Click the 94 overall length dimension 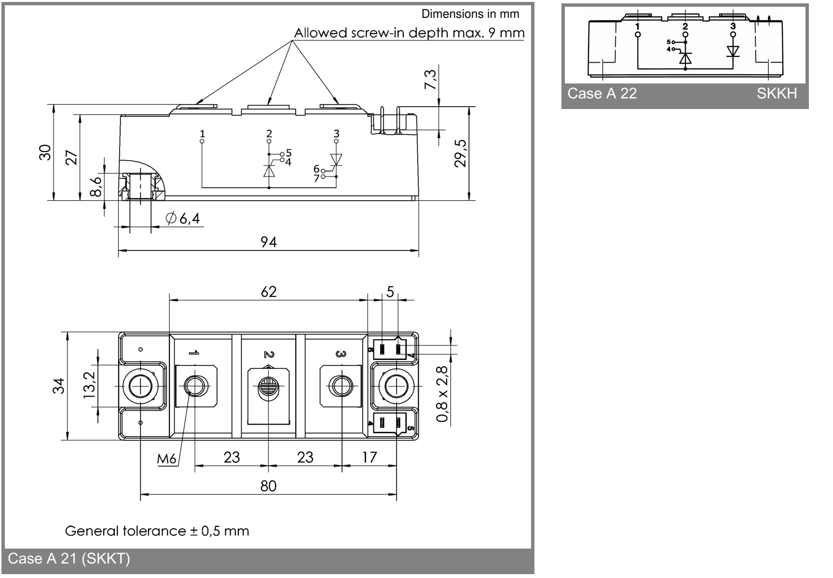click(x=269, y=242)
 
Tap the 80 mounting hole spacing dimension click(x=268, y=485)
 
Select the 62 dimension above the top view click(x=269, y=291)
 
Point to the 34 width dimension click(x=58, y=385)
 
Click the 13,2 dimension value click(x=89, y=385)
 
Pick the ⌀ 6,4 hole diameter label click(x=183, y=219)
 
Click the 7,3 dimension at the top click(x=430, y=79)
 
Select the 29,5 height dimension click(x=461, y=153)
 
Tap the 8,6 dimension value click(x=96, y=186)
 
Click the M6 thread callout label click(x=166, y=458)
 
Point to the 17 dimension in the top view click(x=369, y=457)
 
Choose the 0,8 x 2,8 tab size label click(x=442, y=394)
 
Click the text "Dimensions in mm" click(x=470, y=14)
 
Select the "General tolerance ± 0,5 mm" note click(x=157, y=531)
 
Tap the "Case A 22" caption click(x=602, y=93)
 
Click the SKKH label click(x=777, y=93)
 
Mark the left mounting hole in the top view click(x=140, y=386)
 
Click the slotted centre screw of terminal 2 click(x=268, y=386)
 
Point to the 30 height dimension click(x=45, y=152)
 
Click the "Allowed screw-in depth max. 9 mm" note click(x=409, y=33)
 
